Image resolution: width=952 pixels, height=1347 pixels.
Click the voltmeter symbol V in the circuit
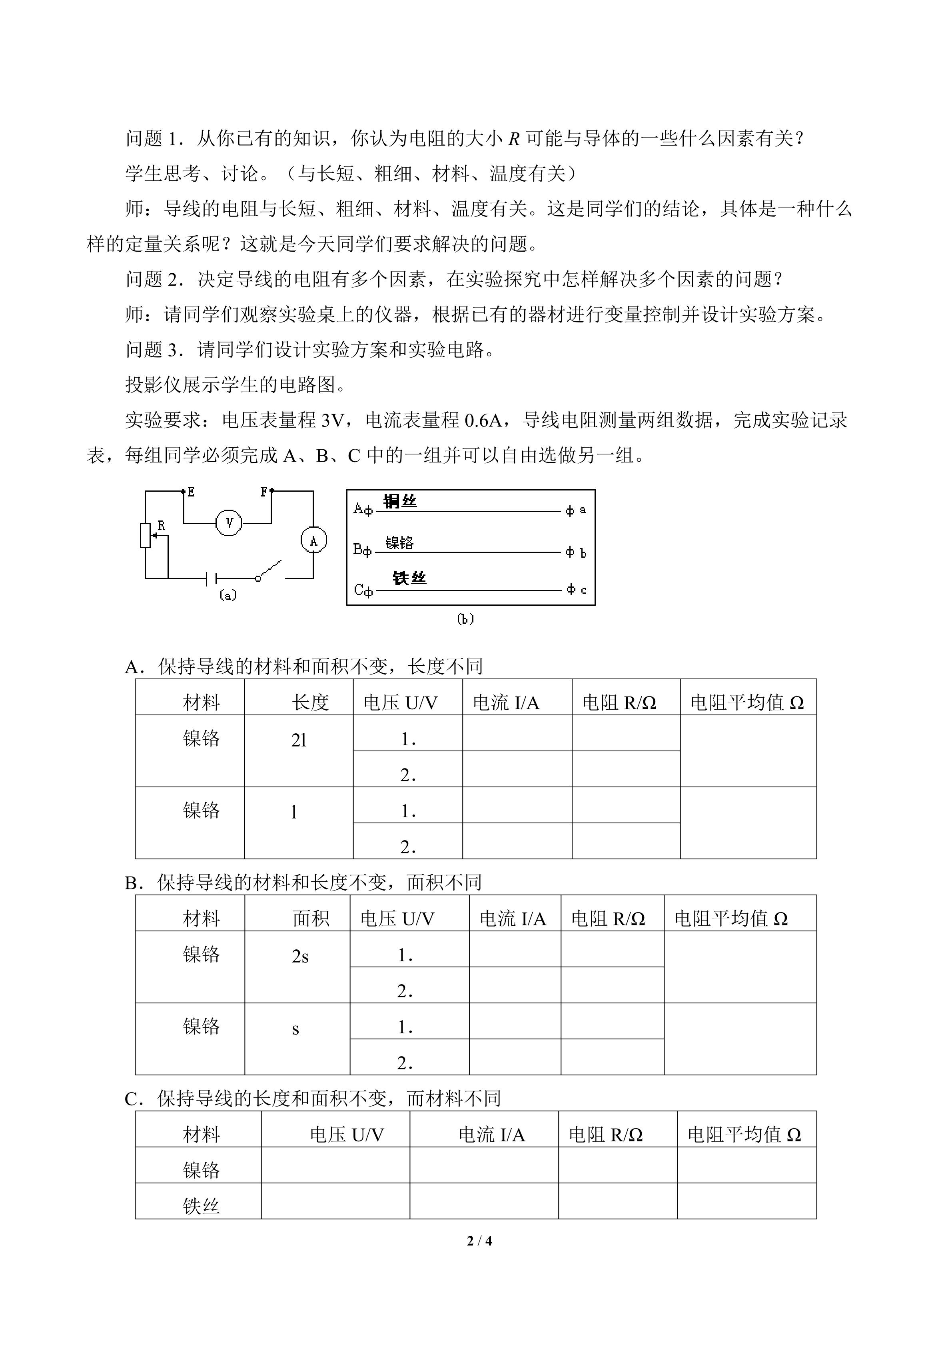229,523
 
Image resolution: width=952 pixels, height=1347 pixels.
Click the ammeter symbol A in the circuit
313,541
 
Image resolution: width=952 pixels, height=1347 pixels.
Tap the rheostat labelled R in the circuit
146,535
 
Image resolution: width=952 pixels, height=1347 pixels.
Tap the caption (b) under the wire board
465,619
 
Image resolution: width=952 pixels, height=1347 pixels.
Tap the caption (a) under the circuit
228,595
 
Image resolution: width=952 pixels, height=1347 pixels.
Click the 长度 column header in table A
310,702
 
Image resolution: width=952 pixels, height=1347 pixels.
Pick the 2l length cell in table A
299,741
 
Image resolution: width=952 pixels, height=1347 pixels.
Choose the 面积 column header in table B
311,918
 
